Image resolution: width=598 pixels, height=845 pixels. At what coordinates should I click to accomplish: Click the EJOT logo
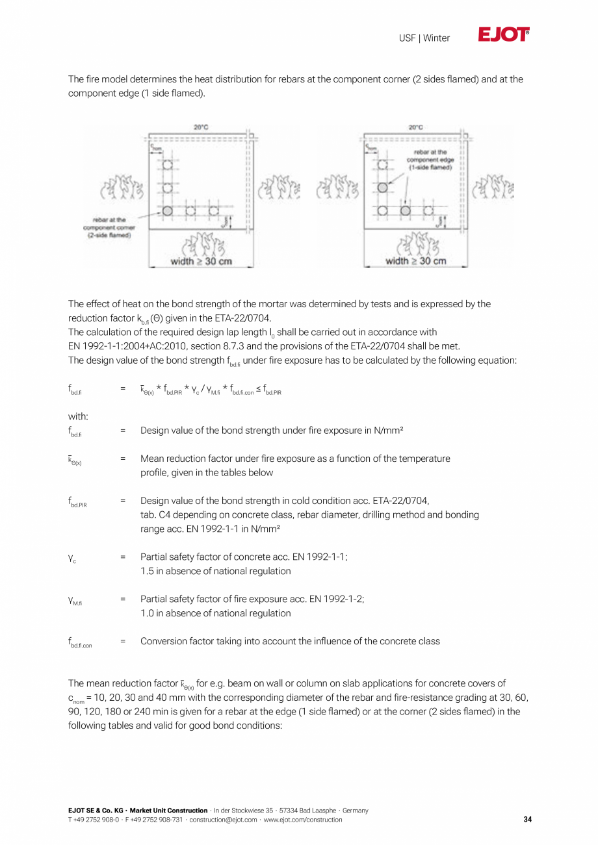click(x=504, y=35)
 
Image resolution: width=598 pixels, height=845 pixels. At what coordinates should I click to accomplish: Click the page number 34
click(x=527, y=820)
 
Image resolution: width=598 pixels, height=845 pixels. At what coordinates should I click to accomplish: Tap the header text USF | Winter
click(x=424, y=38)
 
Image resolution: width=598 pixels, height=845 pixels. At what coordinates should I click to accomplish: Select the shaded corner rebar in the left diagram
click(x=168, y=210)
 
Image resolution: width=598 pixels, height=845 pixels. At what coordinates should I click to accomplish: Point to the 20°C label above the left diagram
click(x=201, y=127)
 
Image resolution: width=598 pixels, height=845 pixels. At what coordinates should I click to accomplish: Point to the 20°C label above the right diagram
click(x=416, y=128)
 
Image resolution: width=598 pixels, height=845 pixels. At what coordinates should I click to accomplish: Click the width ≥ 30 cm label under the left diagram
click(x=201, y=261)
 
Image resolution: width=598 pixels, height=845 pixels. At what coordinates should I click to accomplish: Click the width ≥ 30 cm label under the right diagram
click(x=416, y=261)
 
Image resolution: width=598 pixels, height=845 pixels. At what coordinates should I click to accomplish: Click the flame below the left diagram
click(x=201, y=244)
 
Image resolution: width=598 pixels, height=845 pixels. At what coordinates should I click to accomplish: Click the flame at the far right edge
click(x=492, y=187)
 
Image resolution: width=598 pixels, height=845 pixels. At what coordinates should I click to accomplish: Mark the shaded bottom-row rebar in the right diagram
click(x=405, y=210)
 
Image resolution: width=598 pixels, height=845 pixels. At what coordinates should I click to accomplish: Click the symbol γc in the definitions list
click(x=72, y=558)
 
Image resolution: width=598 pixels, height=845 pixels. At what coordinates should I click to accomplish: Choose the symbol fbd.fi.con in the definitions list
click(x=80, y=642)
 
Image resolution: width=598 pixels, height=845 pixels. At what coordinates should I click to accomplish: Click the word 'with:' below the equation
click(x=78, y=416)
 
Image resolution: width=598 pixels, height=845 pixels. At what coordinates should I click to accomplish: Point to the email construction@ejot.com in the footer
click(x=223, y=820)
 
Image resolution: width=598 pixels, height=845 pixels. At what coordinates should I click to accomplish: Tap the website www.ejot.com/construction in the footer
click(x=303, y=820)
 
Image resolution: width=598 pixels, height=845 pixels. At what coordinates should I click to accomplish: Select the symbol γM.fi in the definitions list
click(x=75, y=601)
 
